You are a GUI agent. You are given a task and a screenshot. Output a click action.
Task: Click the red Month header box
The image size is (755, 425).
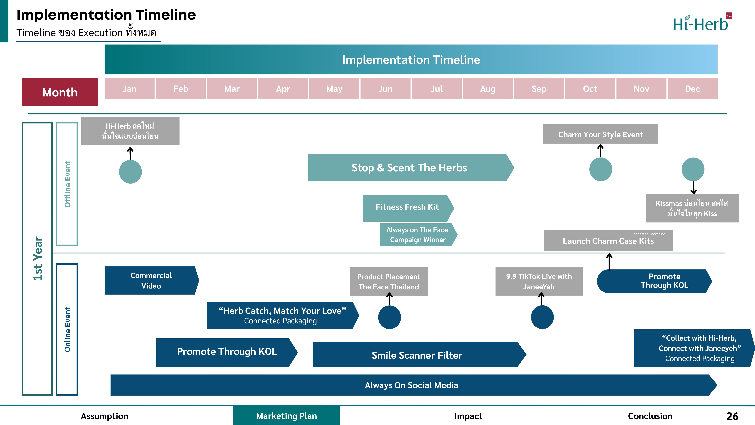(x=60, y=92)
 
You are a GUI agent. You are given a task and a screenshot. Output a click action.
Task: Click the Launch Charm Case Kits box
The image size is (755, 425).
(x=608, y=241)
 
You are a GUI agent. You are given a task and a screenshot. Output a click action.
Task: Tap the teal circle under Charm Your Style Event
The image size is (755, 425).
(x=601, y=169)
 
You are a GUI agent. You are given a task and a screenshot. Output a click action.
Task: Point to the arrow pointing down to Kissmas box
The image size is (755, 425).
(x=693, y=188)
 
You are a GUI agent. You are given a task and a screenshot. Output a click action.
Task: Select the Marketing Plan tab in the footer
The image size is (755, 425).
(x=286, y=416)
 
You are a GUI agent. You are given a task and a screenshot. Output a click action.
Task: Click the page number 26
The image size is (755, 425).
(x=732, y=416)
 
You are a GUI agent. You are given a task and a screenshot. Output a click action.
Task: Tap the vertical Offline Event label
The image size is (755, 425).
(x=67, y=184)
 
